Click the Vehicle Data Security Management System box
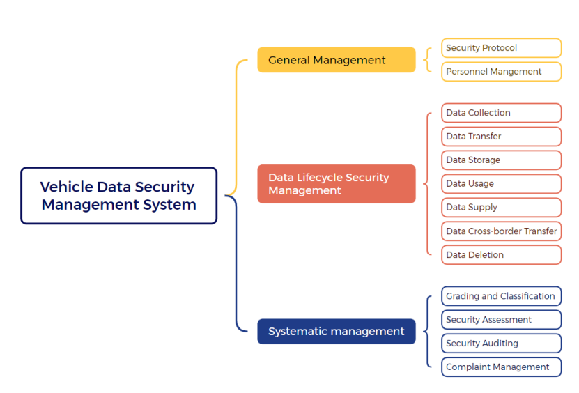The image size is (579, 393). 118,196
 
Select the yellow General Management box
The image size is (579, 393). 336,60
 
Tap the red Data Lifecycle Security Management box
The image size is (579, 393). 336,184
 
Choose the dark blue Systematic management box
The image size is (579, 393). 336,332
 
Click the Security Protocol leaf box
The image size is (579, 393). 501,48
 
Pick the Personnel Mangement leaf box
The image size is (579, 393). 501,72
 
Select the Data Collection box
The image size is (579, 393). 501,113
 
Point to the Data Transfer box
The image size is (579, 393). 501,137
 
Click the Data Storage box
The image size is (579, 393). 501,160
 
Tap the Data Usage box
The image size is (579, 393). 501,184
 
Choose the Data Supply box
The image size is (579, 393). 501,208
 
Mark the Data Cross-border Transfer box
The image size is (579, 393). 501,231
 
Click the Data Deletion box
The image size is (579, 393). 501,255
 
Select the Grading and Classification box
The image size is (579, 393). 501,296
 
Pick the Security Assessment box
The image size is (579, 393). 501,320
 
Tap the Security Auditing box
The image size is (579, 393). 501,344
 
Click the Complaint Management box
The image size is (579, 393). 501,367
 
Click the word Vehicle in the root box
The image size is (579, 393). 66,187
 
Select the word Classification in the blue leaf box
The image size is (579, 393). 527,296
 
